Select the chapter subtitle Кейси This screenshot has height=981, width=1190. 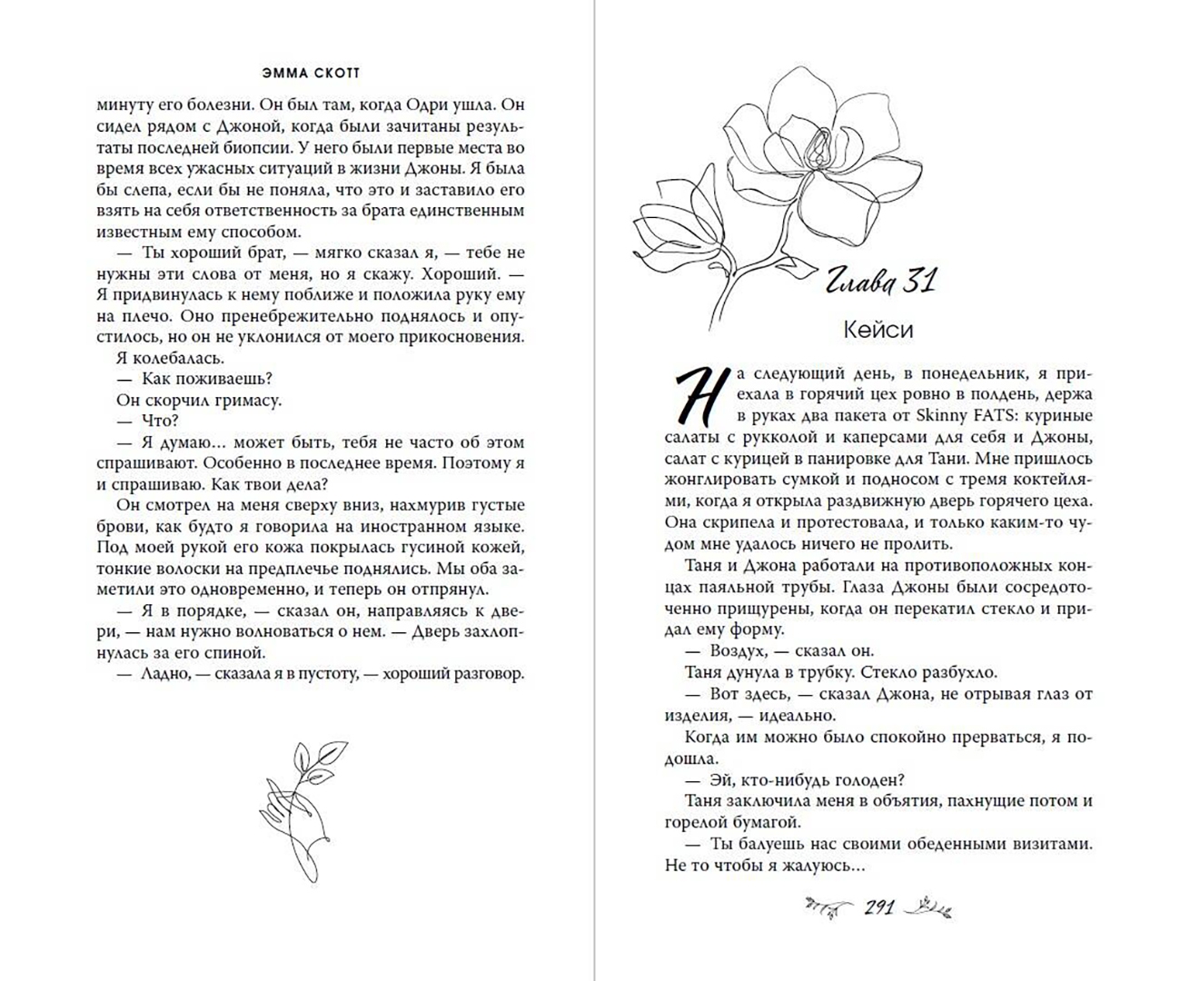click(878, 330)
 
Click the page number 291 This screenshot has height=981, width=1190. click(879, 907)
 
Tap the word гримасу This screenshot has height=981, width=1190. click(244, 400)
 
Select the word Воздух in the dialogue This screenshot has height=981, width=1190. click(739, 650)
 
